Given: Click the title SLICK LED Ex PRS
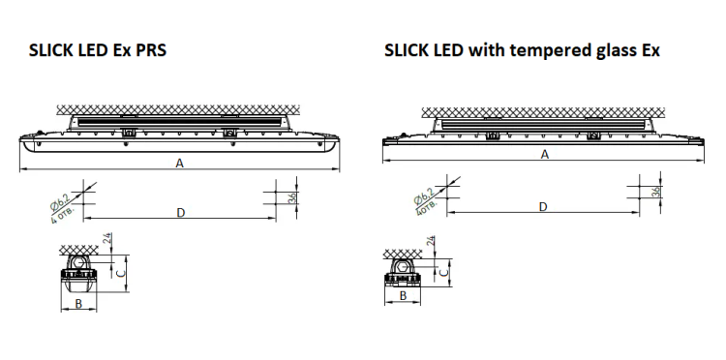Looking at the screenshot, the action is click(97, 50).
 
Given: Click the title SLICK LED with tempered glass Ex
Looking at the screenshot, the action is click(522, 50).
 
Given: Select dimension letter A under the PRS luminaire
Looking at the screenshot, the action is click(180, 163).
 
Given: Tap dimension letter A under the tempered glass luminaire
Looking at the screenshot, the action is click(545, 155).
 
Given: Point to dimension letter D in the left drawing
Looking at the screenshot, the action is click(181, 212).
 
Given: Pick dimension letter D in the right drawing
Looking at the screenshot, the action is click(544, 206).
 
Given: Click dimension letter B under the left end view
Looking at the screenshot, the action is click(78, 304).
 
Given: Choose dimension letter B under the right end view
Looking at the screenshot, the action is click(403, 296).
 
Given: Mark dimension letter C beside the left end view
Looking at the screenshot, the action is click(120, 273).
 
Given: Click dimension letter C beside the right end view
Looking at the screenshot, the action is click(443, 273).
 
